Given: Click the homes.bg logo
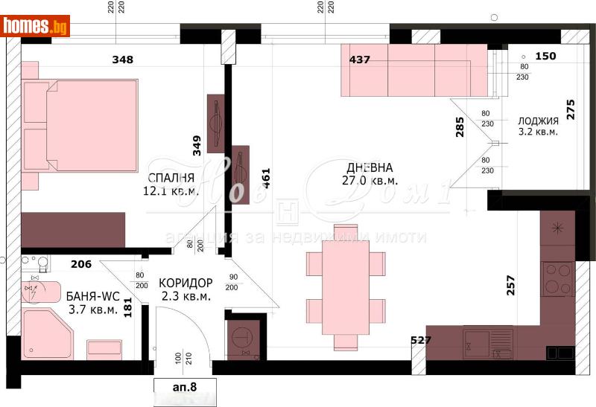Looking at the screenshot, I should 36,26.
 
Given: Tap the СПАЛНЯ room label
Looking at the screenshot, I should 171,178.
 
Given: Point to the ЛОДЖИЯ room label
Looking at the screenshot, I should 538,121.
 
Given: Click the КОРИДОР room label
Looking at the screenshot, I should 186,283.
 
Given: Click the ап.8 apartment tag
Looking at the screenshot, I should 185,385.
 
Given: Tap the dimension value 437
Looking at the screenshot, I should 360,60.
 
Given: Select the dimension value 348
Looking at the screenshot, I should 123,60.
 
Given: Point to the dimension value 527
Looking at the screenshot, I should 422,341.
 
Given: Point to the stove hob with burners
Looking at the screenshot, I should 557,278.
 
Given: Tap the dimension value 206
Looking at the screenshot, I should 80,263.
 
